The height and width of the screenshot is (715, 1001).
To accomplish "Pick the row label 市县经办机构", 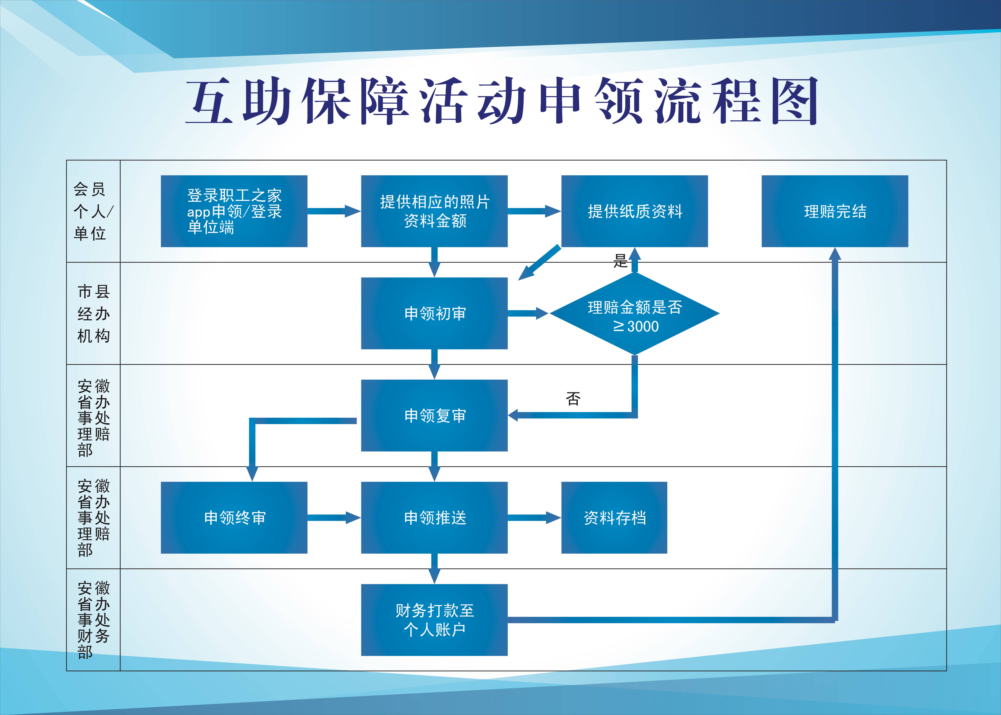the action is [93, 313].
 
